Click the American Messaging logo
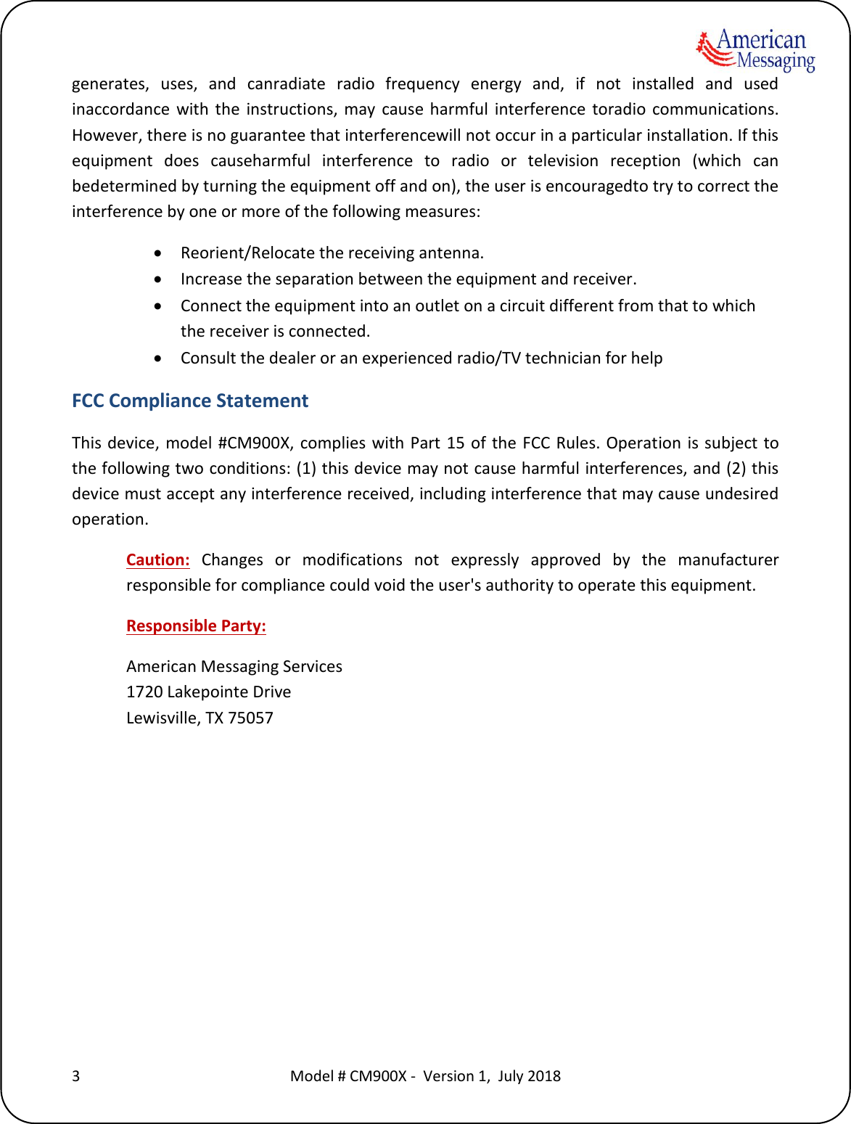[x=755, y=50]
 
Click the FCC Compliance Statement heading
[x=190, y=401]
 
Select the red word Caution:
[x=157, y=559]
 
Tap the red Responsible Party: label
[x=196, y=625]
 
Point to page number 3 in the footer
[x=75, y=1075]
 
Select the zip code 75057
[x=250, y=718]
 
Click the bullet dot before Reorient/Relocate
[x=158, y=253]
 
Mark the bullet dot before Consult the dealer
[x=158, y=358]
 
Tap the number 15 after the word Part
[x=456, y=443]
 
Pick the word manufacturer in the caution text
[x=728, y=559]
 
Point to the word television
[x=563, y=160]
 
